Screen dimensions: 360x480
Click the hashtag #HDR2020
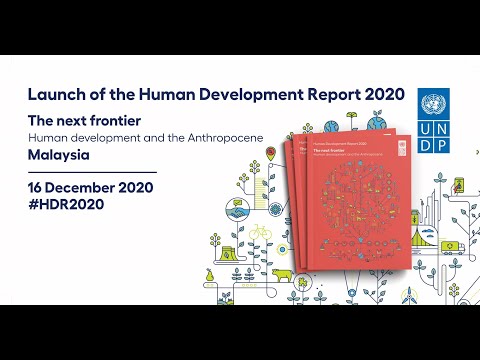66,204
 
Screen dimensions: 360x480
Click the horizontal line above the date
93,171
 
